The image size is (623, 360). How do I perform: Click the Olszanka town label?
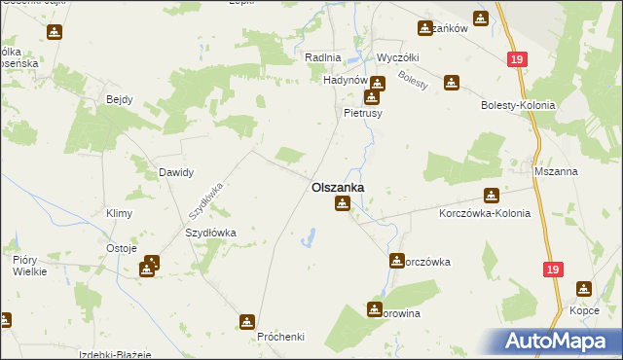click(x=338, y=187)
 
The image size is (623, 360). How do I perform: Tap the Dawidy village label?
click(x=176, y=172)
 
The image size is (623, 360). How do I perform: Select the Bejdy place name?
click(x=119, y=99)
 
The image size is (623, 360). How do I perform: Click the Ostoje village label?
click(x=121, y=248)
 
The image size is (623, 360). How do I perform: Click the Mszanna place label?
click(x=556, y=171)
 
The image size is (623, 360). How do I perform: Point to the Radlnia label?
click(x=323, y=57)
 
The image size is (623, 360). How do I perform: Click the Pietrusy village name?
click(x=364, y=113)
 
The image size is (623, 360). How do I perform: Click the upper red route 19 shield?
click(x=515, y=59)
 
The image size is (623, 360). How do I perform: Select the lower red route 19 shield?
click(x=553, y=270)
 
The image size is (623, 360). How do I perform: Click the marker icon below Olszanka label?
click(x=342, y=203)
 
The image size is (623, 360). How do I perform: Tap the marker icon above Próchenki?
click(x=248, y=321)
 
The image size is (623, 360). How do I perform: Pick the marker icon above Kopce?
click(x=583, y=289)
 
